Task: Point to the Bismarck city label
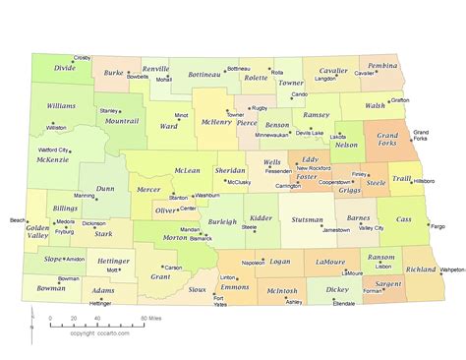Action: point(201,238)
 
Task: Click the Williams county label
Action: point(61,105)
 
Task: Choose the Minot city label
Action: point(182,115)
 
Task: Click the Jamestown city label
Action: point(336,229)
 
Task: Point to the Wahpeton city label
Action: point(451,269)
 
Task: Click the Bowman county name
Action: point(51,289)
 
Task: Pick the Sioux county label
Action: point(198,290)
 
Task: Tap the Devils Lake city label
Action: point(309,132)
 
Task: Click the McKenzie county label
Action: point(52,158)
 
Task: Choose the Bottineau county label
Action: point(204,74)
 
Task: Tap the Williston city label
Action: point(56,127)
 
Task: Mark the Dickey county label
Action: point(336,290)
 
